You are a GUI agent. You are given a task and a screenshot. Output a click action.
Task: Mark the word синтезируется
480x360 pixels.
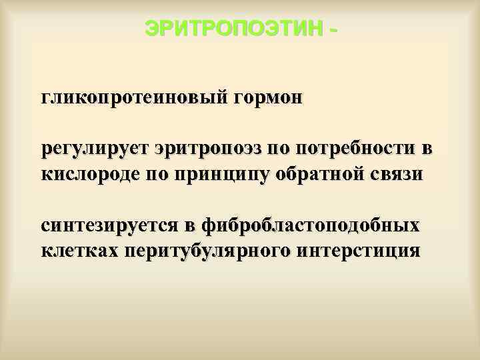point(109,225)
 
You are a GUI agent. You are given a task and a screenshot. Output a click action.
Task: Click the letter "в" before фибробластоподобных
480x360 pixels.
point(189,225)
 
